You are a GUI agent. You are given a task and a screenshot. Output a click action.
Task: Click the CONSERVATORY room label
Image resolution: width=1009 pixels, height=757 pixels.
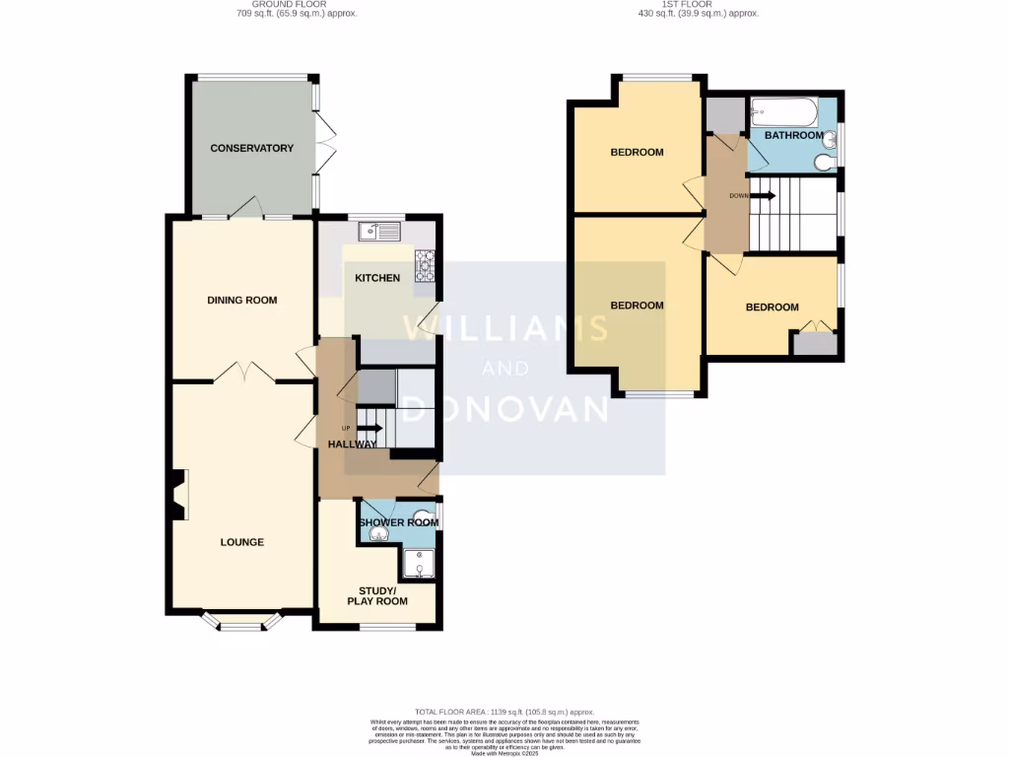(252, 149)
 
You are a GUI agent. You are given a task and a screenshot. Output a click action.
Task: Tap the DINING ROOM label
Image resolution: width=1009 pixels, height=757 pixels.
(241, 301)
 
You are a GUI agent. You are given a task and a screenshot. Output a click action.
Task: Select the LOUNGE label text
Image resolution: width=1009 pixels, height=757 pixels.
(241, 542)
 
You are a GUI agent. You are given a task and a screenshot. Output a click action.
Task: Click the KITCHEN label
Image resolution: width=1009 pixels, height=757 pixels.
(377, 278)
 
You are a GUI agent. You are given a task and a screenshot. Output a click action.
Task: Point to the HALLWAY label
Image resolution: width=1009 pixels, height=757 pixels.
(353, 445)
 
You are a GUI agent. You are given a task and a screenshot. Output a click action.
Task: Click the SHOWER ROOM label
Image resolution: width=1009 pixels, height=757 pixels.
(399, 522)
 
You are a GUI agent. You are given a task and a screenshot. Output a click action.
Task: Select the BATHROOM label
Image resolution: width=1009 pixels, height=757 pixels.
(793, 135)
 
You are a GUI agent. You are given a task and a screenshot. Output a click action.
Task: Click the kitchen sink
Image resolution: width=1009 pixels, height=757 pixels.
(379, 233)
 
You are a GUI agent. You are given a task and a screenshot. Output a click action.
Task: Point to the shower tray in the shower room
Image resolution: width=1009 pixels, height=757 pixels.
(420, 563)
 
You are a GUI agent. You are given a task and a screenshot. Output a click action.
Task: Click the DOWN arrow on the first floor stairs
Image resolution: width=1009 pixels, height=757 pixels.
(764, 195)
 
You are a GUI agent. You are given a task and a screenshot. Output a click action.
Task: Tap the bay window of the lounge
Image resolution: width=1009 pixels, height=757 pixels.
(241, 622)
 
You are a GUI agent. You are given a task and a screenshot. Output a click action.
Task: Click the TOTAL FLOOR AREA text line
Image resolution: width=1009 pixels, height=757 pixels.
(504, 712)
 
